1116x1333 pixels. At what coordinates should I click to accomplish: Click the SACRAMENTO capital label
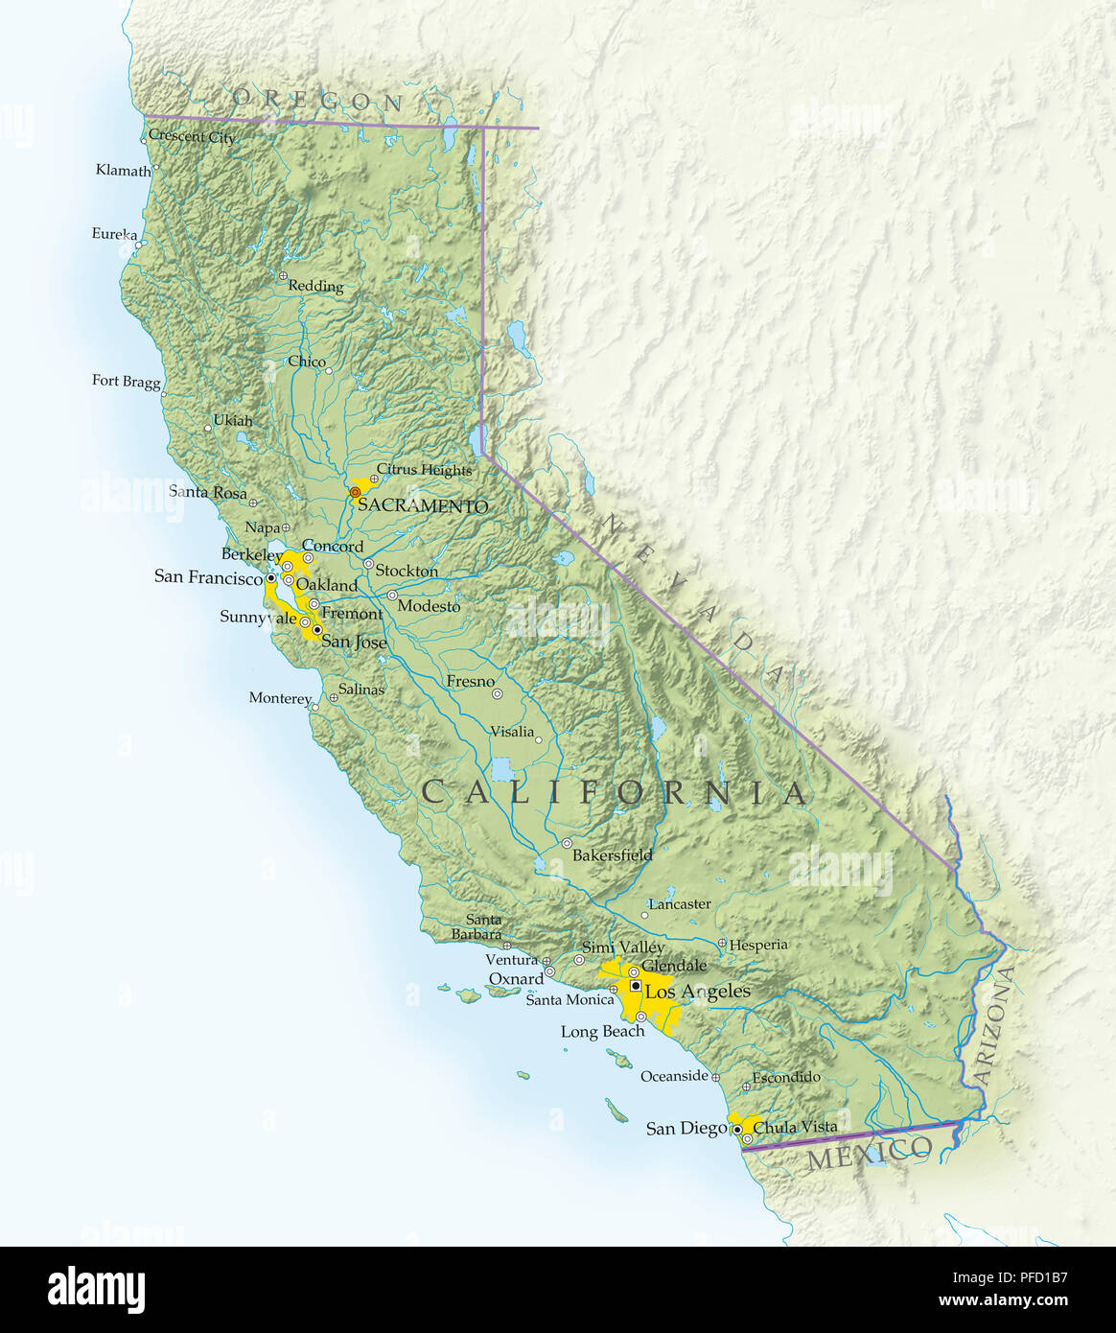(423, 506)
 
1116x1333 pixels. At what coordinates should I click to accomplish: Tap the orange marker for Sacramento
(355, 492)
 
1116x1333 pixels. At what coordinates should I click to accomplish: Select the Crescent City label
(192, 137)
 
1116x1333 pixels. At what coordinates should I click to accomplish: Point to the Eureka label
(114, 234)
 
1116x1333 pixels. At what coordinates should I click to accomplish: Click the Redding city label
(315, 286)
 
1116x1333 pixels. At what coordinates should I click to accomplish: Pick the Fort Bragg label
(126, 381)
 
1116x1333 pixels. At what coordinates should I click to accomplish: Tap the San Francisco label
(207, 577)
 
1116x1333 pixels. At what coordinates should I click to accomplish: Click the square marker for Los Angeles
(636, 986)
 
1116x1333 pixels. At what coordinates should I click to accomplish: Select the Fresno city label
(470, 682)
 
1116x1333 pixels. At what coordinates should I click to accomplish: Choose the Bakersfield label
(612, 854)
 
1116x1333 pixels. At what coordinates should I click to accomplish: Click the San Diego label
(686, 1129)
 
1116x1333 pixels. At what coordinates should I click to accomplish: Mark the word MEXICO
(869, 1154)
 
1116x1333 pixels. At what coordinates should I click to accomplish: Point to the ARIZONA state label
(994, 1026)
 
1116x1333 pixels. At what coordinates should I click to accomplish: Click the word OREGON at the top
(316, 99)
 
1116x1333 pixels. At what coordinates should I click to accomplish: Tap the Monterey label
(279, 698)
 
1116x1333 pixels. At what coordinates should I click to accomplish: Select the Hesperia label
(757, 945)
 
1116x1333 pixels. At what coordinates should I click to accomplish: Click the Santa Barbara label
(478, 926)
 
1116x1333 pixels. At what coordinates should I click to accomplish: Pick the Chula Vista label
(795, 1127)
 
